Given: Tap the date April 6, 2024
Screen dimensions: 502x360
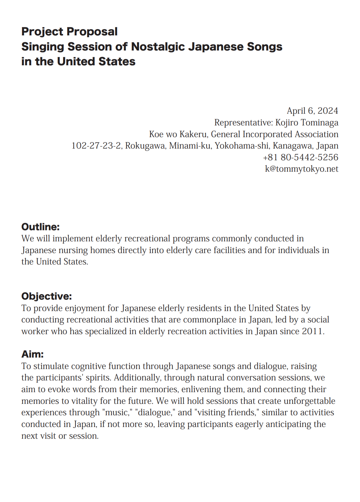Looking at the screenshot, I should point(312,111).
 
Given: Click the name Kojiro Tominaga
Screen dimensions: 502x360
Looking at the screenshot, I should point(307,122).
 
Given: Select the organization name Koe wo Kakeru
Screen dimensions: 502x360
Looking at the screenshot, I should point(178,134).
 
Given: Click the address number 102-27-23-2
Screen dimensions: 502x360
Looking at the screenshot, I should point(96,145).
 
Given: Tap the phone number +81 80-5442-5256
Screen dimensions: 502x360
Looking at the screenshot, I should point(301,157).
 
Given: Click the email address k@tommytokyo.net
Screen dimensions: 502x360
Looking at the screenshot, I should point(302,169).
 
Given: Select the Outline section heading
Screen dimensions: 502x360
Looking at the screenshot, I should point(40,227).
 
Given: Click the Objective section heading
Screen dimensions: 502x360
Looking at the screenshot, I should point(46,297).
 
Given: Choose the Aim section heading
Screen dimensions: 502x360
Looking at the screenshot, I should point(32,354).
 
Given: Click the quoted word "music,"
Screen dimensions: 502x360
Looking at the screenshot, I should point(117,412).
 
